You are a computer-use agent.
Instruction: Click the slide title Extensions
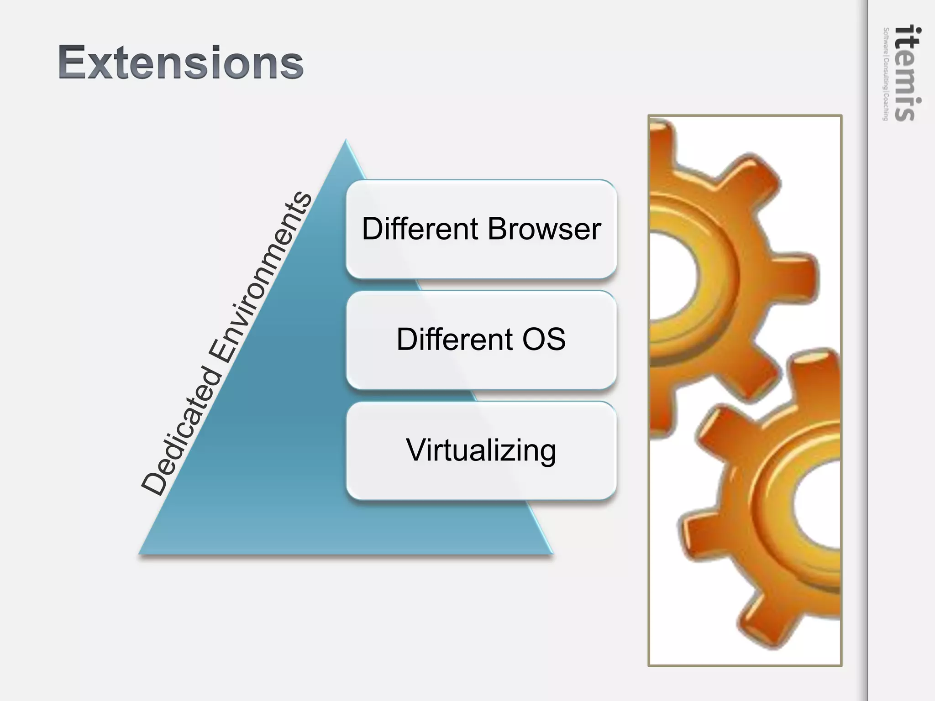point(180,63)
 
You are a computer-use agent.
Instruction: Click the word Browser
point(544,229)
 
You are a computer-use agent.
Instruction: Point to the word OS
point(544,339)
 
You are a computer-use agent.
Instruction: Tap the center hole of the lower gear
point(819,507)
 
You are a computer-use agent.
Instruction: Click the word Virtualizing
point(481,450)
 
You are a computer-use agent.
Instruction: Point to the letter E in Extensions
point(73,63)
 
